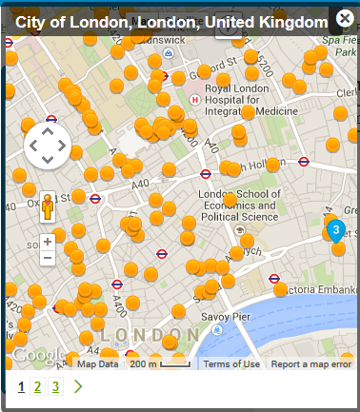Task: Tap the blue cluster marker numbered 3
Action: point(335,229)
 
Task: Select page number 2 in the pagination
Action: point(37,386)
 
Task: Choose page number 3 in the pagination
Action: point(55,386)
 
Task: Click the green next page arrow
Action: point(78,386)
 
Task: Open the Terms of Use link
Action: point(231,364)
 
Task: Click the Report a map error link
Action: point(311,364)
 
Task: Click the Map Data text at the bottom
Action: point(97,364)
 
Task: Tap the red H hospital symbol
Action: point(194,99)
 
